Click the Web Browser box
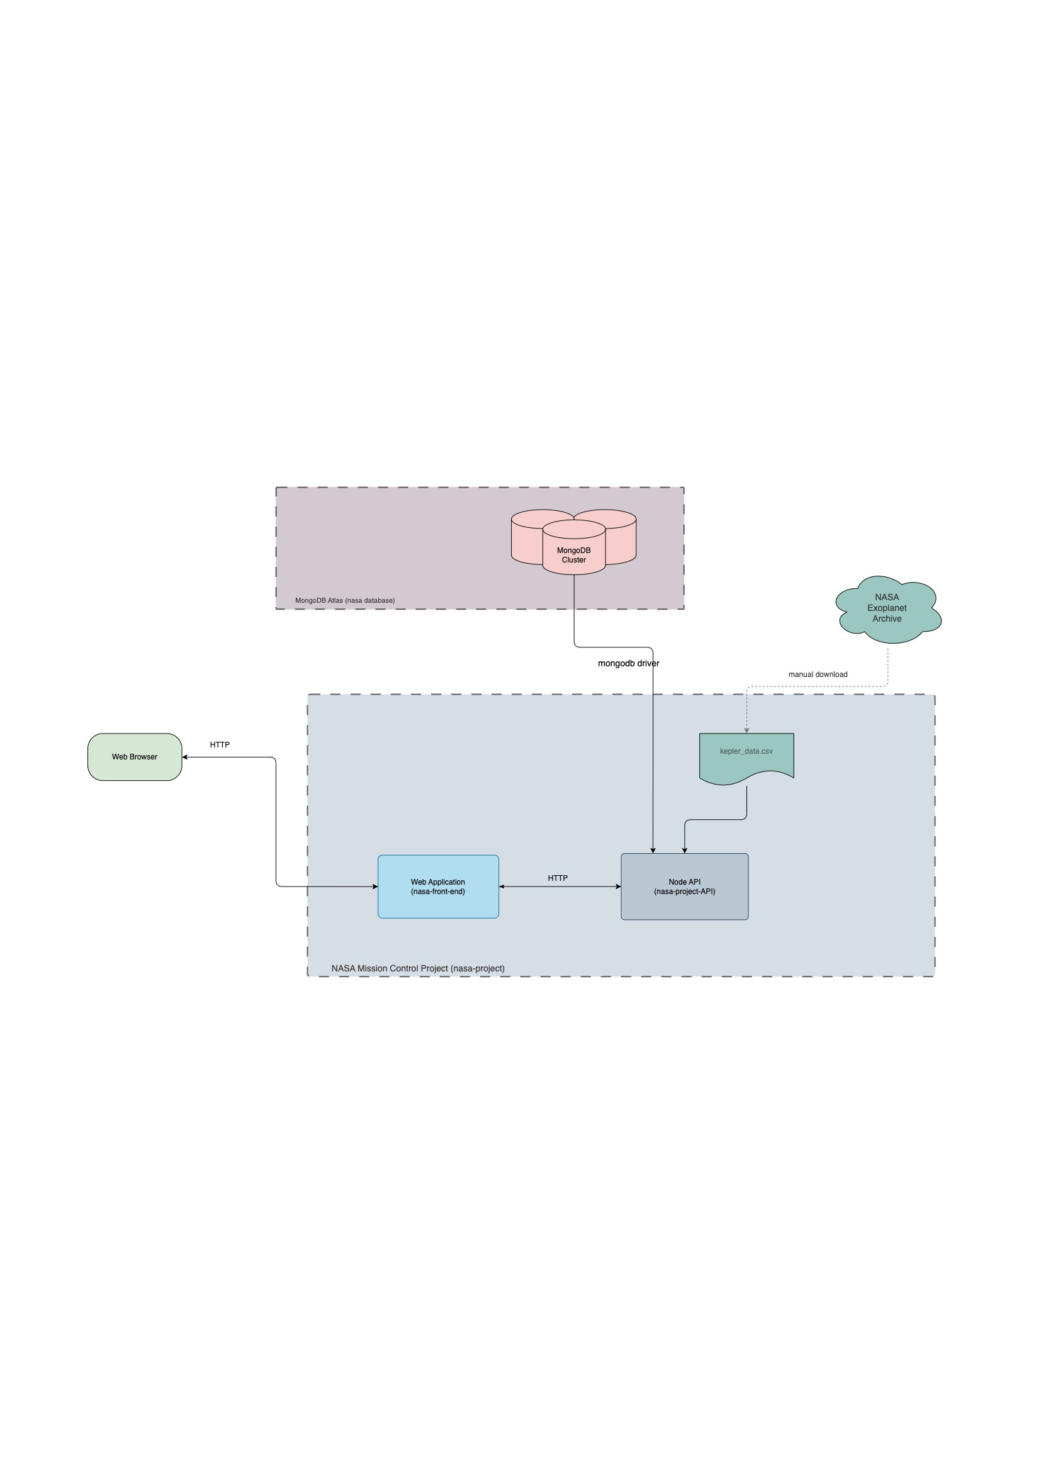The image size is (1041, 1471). click(x=135, y=757)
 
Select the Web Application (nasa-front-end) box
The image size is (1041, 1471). click(x=438, y=887)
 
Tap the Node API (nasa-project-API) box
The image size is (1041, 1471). click(x=684, y=887)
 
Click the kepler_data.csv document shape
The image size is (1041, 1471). click(x=746, y=756)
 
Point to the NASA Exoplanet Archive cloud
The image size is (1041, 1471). click(x=887, y=608)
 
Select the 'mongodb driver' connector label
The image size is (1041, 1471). click(x=628, y=663)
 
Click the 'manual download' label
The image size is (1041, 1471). click(x=818, y=674)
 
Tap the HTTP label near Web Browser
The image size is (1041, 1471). click(x=219, y=744)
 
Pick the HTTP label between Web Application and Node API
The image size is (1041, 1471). click(x=557, y=878)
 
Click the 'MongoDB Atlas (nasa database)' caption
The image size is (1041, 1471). click(x=345, y=600)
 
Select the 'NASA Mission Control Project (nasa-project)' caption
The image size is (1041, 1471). click(x=417, y=968)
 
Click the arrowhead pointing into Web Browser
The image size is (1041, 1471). click(x=185, y=758)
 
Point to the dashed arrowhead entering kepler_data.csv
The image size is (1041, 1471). click(x=746, y=730)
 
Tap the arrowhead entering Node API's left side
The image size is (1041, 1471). click(x=618, y=887)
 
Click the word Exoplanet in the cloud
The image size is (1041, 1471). click(x=887, y=608)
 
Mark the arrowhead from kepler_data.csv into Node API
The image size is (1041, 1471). click(x=684, y=850)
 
